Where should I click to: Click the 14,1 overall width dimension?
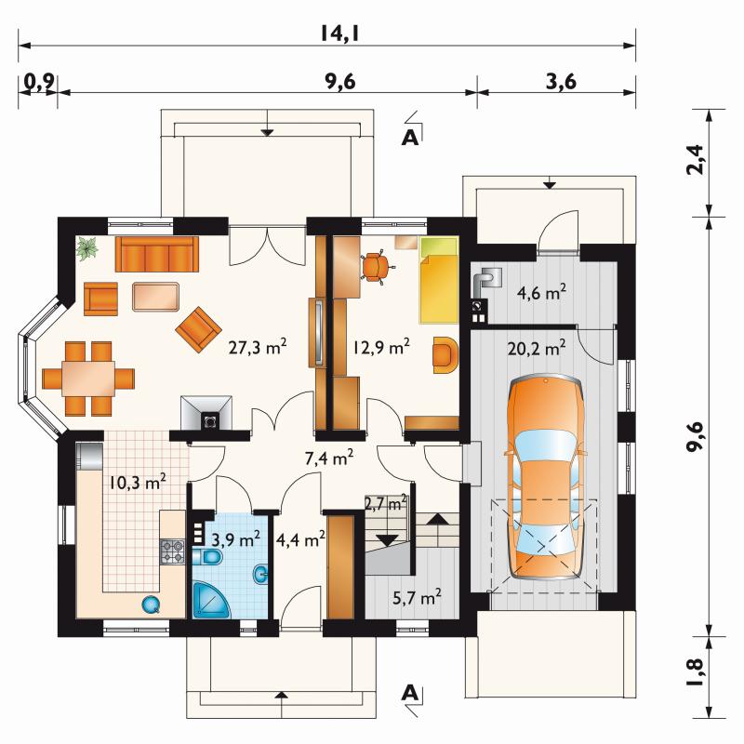(339, 33)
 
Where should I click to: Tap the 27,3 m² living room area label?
(258, 347)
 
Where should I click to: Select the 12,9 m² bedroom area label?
(380, 347)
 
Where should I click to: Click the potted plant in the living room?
(86, 248)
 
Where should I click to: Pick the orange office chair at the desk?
(376, 267)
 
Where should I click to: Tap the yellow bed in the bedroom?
(439, 280)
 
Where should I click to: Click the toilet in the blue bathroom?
(207, 557)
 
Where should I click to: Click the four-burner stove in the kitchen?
(172, 551)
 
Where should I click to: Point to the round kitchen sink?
(152, 604)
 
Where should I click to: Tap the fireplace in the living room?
(206, 413)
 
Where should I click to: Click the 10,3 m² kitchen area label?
(138, 483)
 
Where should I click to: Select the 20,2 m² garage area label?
(537, 349)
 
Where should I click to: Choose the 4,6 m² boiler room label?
(542, 292)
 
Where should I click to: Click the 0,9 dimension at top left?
(38, 82)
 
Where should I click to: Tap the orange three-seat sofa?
(157, 254)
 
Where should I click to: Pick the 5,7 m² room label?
(417, 597)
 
